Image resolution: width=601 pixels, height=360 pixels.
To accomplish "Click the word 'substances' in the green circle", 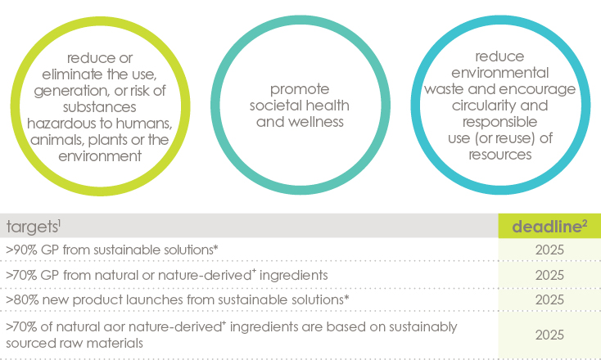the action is (x=100, y=107).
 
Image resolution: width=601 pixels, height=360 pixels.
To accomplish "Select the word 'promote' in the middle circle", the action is (x=300, y=90).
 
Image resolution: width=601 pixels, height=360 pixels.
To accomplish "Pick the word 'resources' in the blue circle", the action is (x=499, y=155).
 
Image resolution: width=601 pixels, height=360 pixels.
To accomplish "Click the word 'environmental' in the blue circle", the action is (x=499, y=72).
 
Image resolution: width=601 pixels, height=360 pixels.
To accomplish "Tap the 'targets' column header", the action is (x=31, y=227).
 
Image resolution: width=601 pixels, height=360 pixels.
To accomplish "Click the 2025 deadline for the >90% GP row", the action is (x=549, y=250).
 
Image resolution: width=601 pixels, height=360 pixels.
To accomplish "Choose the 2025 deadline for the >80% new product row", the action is (x=549, y=300).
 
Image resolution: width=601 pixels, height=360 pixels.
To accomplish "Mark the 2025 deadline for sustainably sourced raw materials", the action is (x=549, y=335).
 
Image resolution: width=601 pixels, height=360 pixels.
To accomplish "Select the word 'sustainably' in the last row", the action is (x=423, y=327).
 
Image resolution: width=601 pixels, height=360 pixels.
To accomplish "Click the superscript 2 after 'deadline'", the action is (x=584, y=223).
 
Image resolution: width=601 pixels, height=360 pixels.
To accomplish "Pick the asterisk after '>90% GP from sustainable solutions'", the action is (x=216, y=248).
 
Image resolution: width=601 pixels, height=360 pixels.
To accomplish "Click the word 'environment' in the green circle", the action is (x=100, y=156).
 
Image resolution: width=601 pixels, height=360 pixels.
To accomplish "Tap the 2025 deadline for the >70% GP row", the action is (x=549, y=276).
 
